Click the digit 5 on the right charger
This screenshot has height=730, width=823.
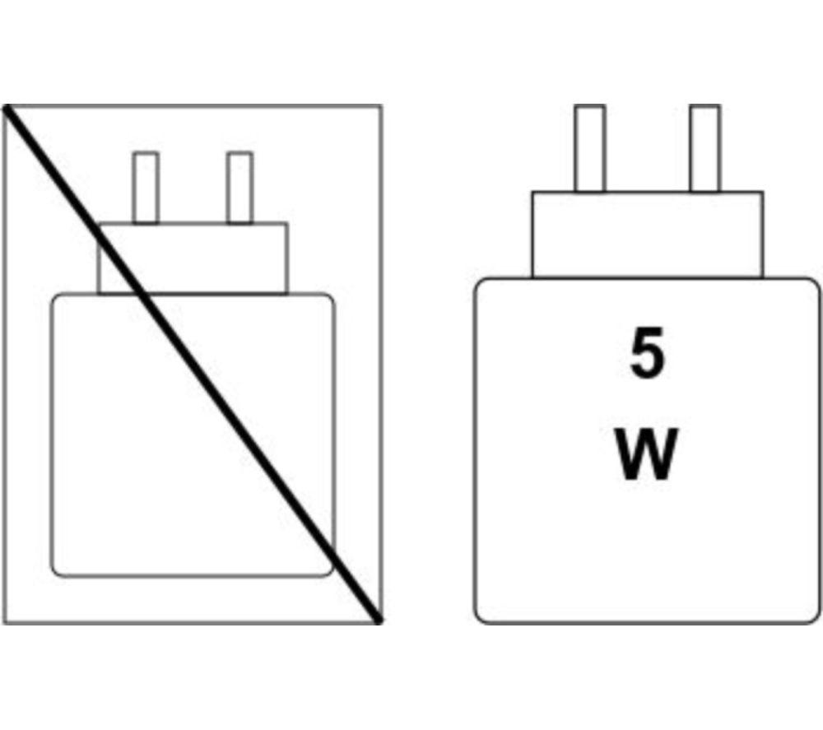(646, 354)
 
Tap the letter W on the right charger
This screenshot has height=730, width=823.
(646, 453)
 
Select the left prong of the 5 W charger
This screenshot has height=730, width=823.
(590, 148)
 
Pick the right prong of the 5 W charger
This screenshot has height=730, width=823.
(705, 148)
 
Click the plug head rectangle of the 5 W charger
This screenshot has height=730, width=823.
(647, 235)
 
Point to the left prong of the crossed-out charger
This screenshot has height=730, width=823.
(146, 188)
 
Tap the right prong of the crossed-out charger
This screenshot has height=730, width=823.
(239, 188)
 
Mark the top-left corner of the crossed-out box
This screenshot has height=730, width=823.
(5, 106)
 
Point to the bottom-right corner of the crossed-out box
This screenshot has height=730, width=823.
(381, 623)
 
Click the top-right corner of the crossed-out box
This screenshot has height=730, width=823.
(381, 106)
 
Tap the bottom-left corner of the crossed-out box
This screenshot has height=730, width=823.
(5, 623)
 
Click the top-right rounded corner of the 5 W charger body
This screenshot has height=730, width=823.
(816, 283)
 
